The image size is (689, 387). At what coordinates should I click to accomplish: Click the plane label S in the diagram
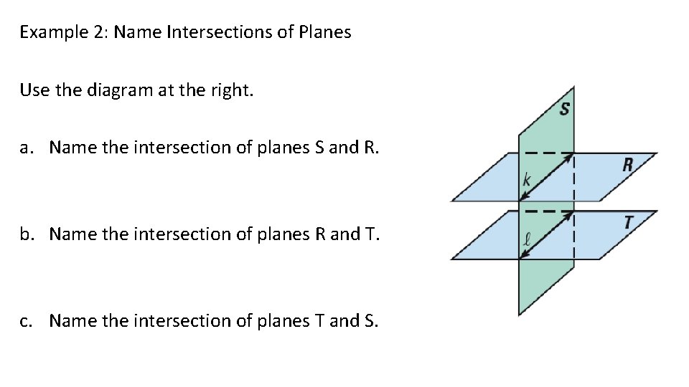tap(565, 110)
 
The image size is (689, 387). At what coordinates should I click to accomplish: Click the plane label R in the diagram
tap(627, 165)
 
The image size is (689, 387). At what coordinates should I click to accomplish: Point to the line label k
tap(526, 181)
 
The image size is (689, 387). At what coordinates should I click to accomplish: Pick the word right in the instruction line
tap(231, 90)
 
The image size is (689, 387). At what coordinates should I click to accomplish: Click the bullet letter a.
tap(25, 148)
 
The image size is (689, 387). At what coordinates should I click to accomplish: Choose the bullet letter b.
tap(25, 234)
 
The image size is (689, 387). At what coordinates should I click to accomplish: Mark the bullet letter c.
tap(25, 320)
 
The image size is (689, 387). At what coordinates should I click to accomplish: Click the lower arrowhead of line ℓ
tap(522, 257)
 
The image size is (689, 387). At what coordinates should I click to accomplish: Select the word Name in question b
tap(73, 234)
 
